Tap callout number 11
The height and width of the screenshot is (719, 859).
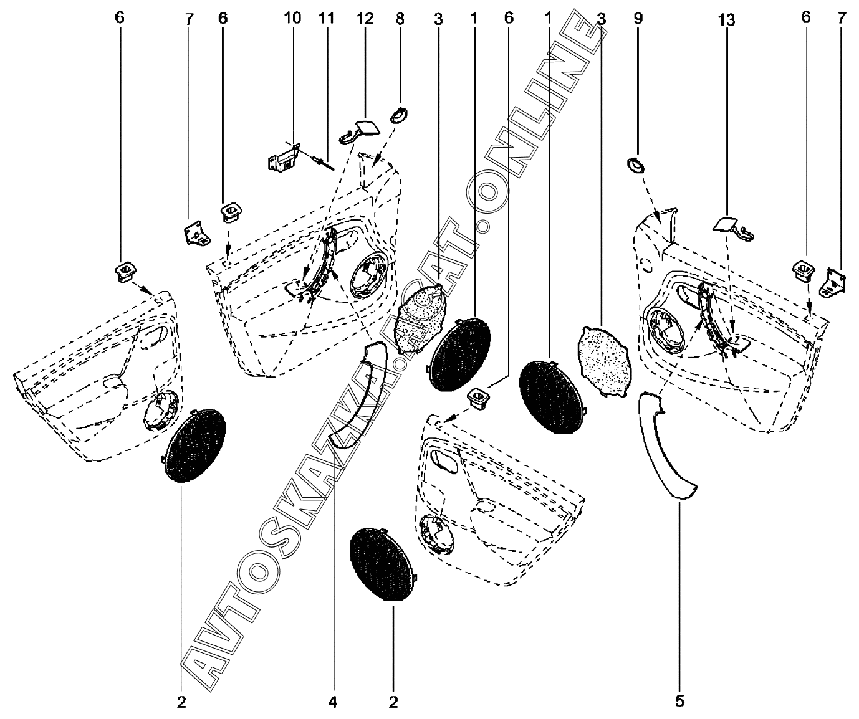pos(327,19)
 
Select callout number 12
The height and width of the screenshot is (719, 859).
pos(365,19)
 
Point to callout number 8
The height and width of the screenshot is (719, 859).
pos(400,19)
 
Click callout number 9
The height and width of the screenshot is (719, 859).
pos(638,19)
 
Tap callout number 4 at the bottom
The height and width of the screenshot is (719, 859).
pos(332,703)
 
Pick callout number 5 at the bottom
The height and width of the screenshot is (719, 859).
pos(679,702)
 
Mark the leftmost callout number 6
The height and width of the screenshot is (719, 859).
pos(120,19)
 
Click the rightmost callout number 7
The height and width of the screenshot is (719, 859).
pos(842,19)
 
